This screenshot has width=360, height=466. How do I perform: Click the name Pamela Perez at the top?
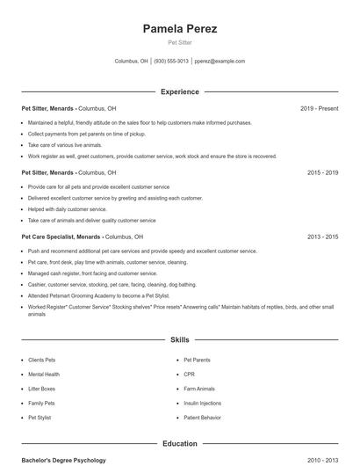[x=180, y=29]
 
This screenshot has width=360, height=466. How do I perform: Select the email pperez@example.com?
[x=220, y=62]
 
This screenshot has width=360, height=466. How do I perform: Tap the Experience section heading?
[x=180, y=91]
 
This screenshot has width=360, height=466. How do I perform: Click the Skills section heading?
[x=180, y=339]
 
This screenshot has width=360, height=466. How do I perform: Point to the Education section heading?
[x=180, y=444]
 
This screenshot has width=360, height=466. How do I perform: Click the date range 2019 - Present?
[x=319, y=109]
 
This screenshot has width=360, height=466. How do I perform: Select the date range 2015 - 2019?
[x=322, y=173]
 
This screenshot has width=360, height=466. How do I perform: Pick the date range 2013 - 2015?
[x=322, y=237]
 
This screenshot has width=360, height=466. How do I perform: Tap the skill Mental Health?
[x=44, y=375]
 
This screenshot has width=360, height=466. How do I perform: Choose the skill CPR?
[x=189, y=375]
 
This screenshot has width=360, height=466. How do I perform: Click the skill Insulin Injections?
[x=202, y=403]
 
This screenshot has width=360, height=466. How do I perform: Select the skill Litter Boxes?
[x=41, y=389]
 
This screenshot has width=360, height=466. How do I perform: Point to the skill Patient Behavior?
[x=202, y=417]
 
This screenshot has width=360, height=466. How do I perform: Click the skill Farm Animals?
[x=199, y=389]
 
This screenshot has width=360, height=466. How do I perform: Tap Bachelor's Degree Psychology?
[x=63, y=460]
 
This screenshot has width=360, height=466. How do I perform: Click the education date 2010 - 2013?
[x=322, y=460]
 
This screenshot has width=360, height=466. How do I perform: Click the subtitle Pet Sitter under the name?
[x=180, y=42]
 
